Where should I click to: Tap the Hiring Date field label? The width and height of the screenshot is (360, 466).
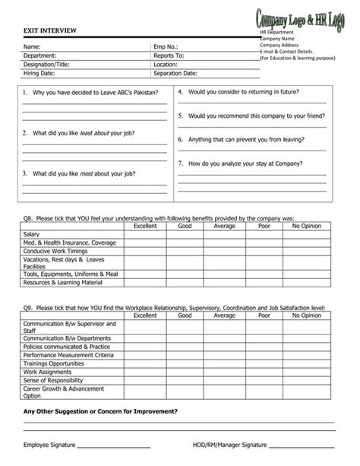pos(39,74)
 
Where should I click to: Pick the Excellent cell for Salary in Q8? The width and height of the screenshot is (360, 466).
pos(144,234)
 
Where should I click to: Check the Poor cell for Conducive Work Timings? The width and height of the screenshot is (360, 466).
pos(264,251)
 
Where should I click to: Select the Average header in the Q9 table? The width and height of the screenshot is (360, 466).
pos(224,315)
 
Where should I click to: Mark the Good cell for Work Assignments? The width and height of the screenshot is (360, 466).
pos(185,372)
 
